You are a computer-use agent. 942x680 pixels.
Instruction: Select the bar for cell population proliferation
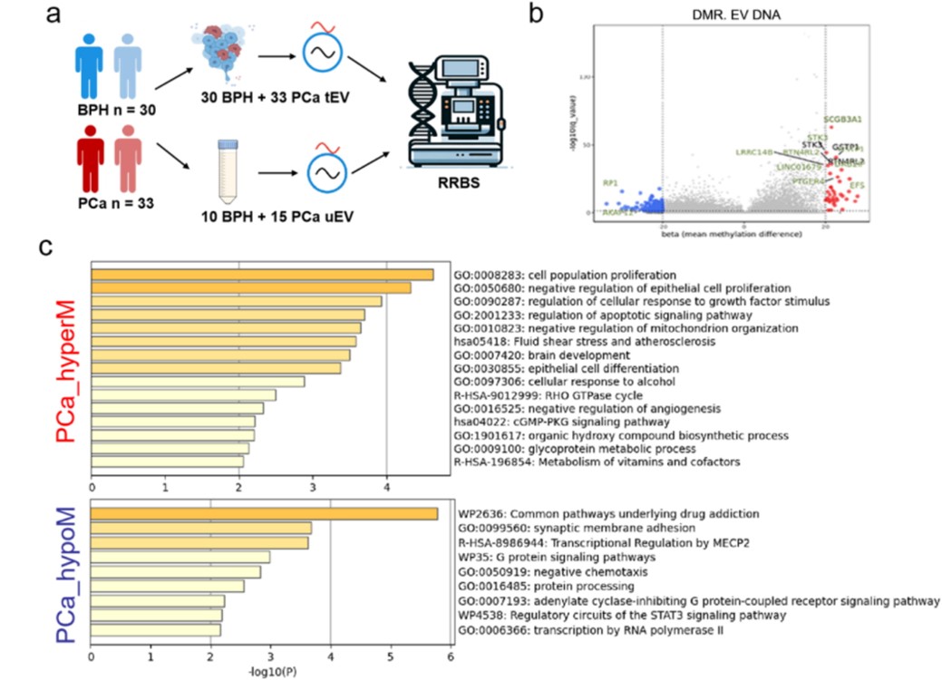[262, 275]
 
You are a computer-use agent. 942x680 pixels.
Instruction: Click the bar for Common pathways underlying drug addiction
[264, 514]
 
